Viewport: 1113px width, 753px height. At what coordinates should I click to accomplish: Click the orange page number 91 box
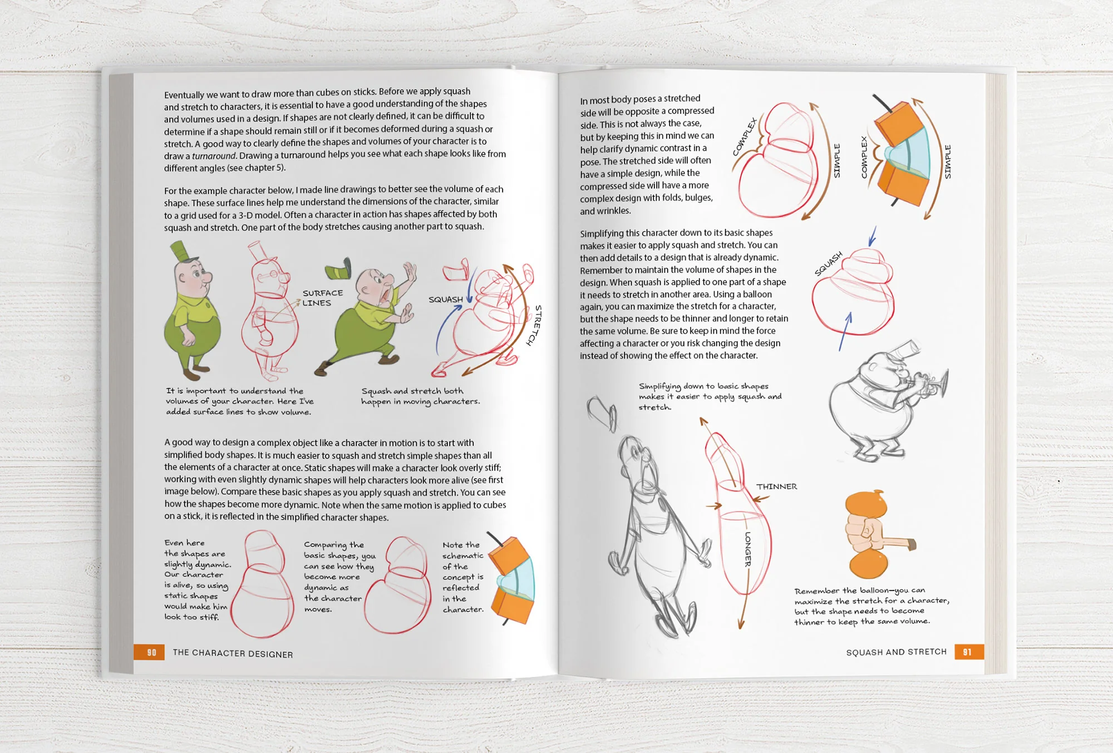point(969,652)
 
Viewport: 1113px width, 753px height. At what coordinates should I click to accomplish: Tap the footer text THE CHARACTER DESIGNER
point(233,653)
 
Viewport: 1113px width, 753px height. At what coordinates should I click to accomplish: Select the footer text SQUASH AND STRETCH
point(896,652)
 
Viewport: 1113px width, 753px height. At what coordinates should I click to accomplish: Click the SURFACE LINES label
point(322,298)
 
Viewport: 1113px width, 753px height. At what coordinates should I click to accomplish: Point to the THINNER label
point(776,486)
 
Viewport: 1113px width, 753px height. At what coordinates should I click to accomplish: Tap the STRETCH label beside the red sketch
point(534,325)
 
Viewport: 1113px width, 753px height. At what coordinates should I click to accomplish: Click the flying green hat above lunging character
point(339,270)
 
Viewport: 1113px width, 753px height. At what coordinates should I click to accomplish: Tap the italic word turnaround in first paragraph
point(214,156)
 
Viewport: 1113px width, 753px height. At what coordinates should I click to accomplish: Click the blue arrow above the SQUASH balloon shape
point(873,236)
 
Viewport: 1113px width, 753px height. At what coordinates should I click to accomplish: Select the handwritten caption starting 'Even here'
point(196,579)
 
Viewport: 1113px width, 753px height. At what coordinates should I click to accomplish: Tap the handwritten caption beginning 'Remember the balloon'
point(871,606)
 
